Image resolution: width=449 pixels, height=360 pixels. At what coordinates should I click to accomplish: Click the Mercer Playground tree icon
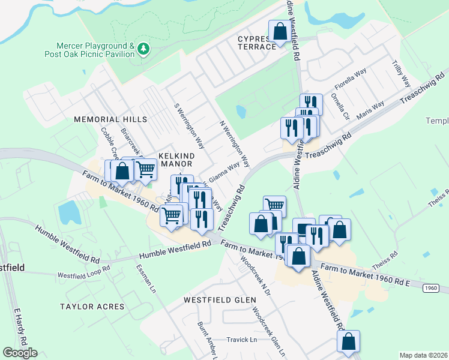point(143,49)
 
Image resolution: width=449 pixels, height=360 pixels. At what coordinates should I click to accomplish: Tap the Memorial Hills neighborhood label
point(110,119)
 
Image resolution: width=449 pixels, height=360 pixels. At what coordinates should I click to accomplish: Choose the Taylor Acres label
point(92,307)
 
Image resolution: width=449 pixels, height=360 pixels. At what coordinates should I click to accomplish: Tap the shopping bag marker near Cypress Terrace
point(280,31)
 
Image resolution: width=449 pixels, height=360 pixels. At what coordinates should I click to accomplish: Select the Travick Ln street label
point(241,340)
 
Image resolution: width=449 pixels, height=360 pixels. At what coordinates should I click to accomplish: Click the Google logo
point(20,352)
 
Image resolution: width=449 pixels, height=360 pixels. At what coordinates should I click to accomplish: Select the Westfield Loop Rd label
point(84,271)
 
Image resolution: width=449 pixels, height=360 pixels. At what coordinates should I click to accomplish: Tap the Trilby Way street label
point(400,73)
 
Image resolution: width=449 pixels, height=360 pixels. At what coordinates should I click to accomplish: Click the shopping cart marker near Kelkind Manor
point(146,170)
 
